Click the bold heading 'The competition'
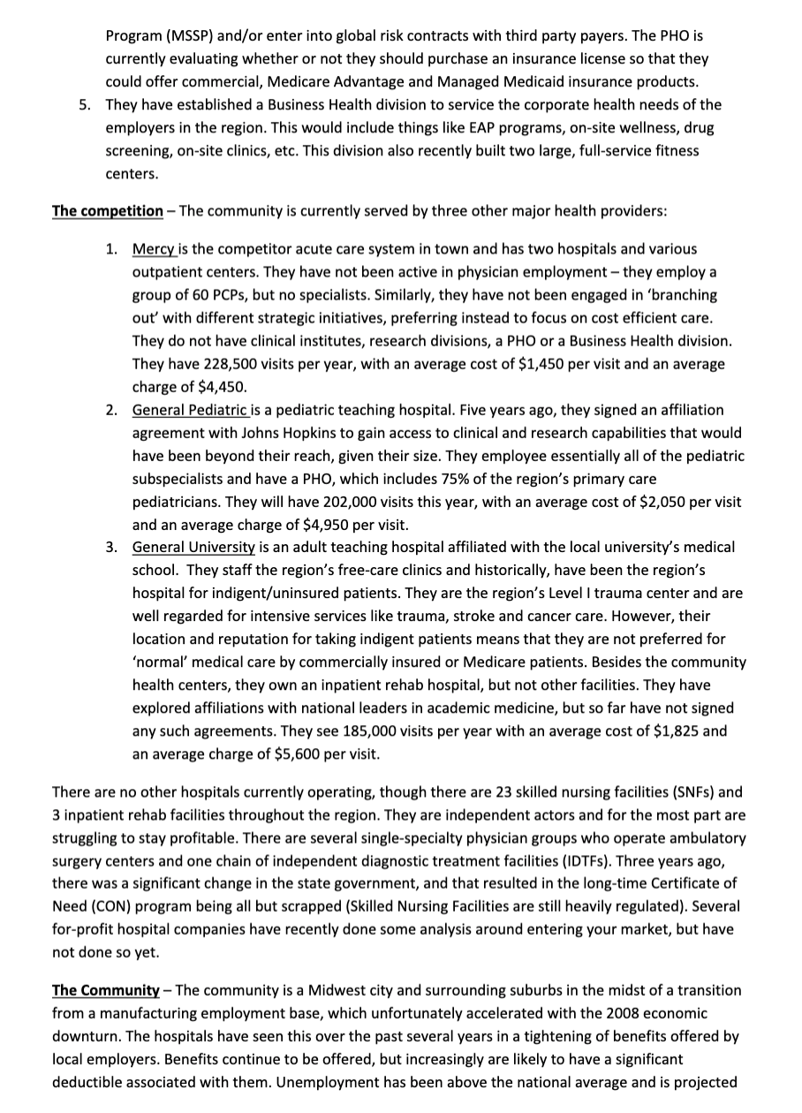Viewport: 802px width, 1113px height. coord(108,211)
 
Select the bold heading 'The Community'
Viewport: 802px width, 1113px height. coord(106,990)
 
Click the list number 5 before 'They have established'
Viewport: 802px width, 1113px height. coord(84,104)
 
